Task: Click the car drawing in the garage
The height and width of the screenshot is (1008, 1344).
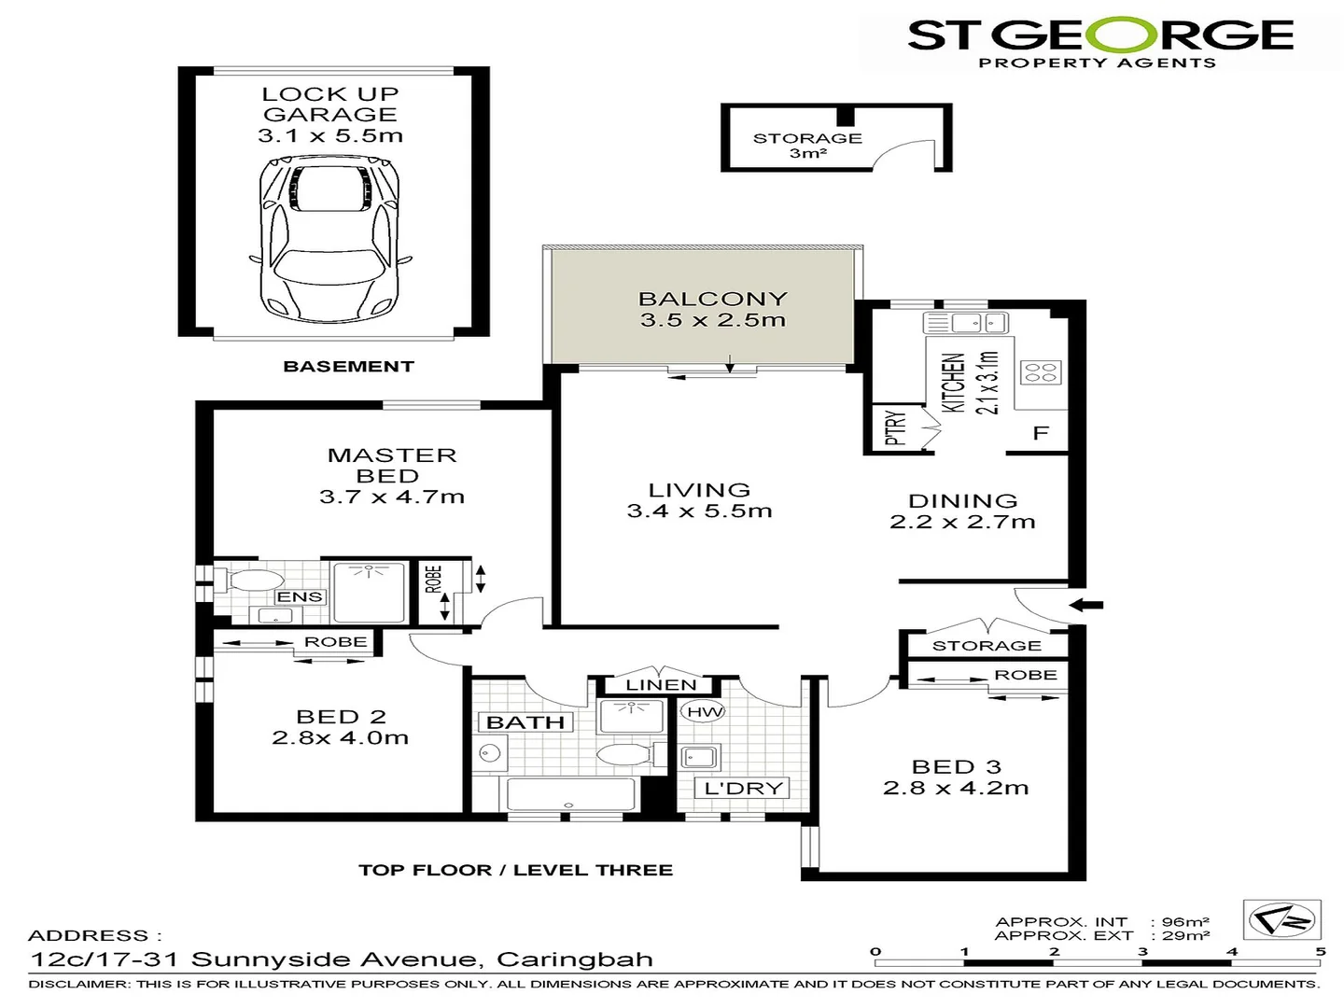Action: pyautogui.click(x=330, y=240)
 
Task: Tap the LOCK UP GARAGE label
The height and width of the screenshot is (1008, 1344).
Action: pyautogui.click(x=330, y=105)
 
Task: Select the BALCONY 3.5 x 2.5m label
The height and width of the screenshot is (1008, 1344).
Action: pyautogui.click(x=713, y=309)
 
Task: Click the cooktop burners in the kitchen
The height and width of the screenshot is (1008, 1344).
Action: pyautogui.click(x=1040, y=372)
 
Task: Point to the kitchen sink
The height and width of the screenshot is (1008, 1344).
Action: pyautogui.click(x=966, y=324)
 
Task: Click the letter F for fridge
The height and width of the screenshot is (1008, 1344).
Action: pyautogui.click(x=1041, y=433)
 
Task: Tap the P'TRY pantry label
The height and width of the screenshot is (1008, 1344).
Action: pyautogui.click(x=895, y=428)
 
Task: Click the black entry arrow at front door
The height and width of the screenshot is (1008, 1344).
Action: pyautogui.click(x=1085, y=605)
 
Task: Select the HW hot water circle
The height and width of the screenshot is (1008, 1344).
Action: pyautogui.click(x=705, y=712)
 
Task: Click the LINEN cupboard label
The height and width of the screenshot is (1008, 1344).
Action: pyautogui.click(x=661, y=685)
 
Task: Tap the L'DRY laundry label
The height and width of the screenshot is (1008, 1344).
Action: pyautogui.click(x=743, y=789)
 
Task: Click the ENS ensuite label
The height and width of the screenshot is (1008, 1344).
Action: pyautogui.click(x=300, y=597)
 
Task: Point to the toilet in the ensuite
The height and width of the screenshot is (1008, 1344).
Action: pyautogui.click(x=250, y=581)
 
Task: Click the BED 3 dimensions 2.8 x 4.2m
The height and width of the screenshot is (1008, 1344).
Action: pyautogui.click(x=956, y=789)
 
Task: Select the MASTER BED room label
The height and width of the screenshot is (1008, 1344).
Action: pyautogui.click(x=391, y=465)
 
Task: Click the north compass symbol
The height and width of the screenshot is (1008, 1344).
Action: pyautogui.click(x=1282, y=921)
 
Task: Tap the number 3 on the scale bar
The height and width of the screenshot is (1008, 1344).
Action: pyautogui.click(x=1142, y=952)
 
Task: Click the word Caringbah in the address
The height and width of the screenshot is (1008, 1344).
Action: pyautogui.click(x=574, y=959)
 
